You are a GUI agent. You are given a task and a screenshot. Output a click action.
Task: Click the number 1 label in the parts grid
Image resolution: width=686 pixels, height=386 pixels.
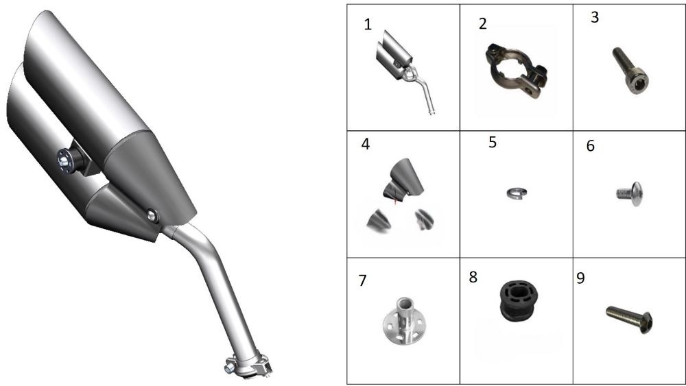[x=368, y=25]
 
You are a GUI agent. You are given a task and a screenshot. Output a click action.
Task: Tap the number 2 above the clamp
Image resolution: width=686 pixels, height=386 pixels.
[x=482, y=23]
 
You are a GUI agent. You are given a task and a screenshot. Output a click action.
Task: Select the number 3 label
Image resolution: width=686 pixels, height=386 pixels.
[x=595, y=17]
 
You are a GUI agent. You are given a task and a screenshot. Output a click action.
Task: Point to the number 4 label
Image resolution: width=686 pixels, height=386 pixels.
[x=366, y=144]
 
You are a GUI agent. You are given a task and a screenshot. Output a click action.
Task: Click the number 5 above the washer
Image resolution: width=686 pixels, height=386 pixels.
[x=493, y=142]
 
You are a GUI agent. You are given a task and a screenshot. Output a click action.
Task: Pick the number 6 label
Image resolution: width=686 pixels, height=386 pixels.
[x=590, y=145]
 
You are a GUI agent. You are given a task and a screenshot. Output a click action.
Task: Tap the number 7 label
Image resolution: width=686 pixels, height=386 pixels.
[x=362, y=280]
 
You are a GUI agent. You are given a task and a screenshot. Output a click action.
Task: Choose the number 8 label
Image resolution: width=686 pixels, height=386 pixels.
[x=473, y=277]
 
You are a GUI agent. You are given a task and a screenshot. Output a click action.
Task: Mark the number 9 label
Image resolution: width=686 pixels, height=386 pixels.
[x=580, y=278]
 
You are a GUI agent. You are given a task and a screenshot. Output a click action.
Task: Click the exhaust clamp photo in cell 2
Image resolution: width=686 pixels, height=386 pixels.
[x=517, y=72]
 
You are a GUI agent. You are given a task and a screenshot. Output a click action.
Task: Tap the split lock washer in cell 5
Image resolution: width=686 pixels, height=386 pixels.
[x=517, y=193]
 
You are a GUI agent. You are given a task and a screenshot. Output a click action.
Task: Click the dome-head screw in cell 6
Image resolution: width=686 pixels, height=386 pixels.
[x=630, y=193]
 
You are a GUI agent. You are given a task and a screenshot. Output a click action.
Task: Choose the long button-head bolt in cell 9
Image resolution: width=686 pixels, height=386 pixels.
[x=630, y=319]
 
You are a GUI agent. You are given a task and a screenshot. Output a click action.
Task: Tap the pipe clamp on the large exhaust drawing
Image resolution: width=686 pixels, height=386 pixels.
[x=248, y=366]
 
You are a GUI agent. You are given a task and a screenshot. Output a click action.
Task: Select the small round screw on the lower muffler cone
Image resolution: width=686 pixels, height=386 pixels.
[x=152, y=215]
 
